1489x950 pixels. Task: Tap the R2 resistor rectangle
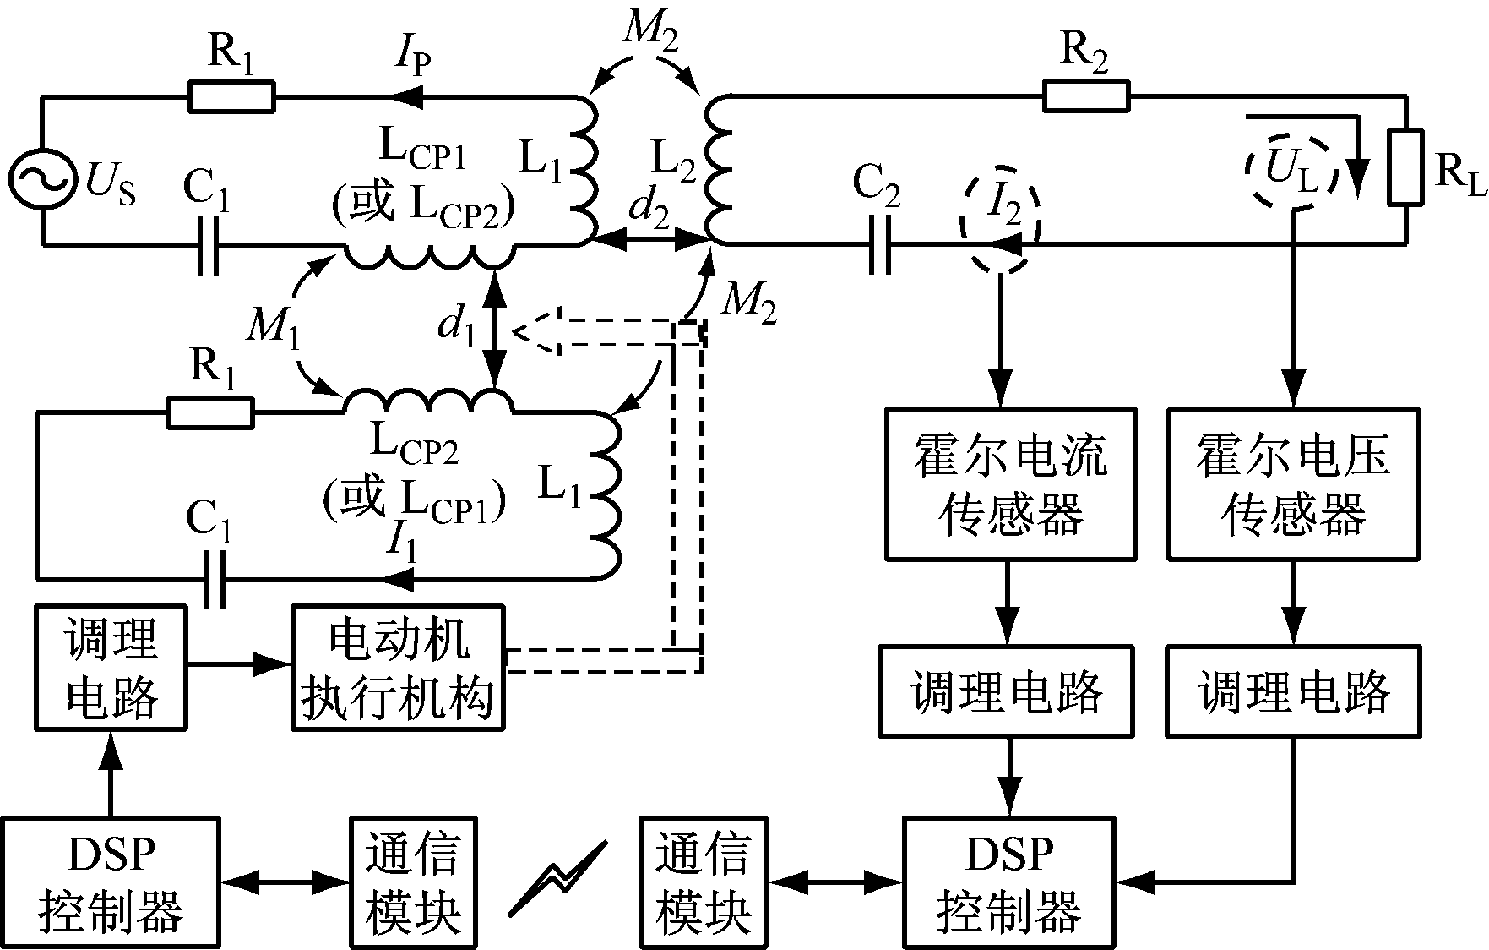[1086, 96]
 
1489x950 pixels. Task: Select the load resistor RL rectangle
[1406, 167]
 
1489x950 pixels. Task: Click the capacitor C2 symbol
[878, 244]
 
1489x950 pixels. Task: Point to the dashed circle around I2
[1000, 217]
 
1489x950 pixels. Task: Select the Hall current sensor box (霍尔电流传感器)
[1010, 483]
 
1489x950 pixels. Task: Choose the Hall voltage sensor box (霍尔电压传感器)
[1293, 483]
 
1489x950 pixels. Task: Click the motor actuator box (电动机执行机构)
[398, 667]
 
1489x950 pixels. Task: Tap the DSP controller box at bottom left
[111, 882]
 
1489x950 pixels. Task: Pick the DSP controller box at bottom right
[1009, 882]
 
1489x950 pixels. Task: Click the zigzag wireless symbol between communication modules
[557, 879]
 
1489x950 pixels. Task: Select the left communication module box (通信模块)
[413, 882]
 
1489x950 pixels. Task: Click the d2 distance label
[649, 213]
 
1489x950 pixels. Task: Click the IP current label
[414, 59]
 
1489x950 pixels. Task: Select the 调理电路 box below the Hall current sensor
[1007, 691]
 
